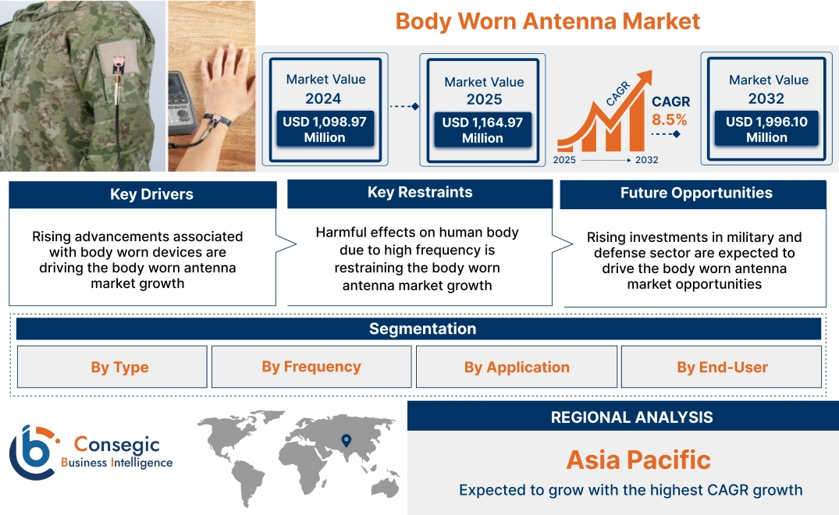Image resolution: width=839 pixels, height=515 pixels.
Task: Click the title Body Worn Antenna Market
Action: tap(547, 21)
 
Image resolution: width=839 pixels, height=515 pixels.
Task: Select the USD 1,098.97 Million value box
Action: tap(325, 130)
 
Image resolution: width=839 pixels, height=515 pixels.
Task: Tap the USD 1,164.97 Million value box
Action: tap(482, 130)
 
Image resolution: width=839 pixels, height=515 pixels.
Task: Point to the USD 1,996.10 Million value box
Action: tap(766, 130)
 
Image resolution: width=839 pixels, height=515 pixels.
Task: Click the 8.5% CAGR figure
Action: tap(670, 119)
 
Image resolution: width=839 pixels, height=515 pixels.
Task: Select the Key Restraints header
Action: tap(420, 193)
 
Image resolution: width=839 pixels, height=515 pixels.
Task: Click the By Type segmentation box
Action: tap(119, 367)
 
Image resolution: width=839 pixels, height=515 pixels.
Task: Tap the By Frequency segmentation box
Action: tap(311, 367)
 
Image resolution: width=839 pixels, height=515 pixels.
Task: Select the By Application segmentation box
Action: tap(517, 367)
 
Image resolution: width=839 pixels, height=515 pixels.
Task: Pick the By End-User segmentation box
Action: tap(722, 367)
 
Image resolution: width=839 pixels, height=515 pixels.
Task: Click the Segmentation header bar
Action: tap(422, 329)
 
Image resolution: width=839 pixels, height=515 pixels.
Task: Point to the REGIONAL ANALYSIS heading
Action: tap(631, 417)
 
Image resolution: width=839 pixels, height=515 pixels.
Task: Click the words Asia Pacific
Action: tap(638, 460)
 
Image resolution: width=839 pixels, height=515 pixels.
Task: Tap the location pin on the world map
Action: tap(346, 441)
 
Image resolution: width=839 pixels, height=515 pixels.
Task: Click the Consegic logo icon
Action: tap(34, 452)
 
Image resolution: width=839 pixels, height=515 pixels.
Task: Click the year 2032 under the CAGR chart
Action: tap(647, 160)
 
